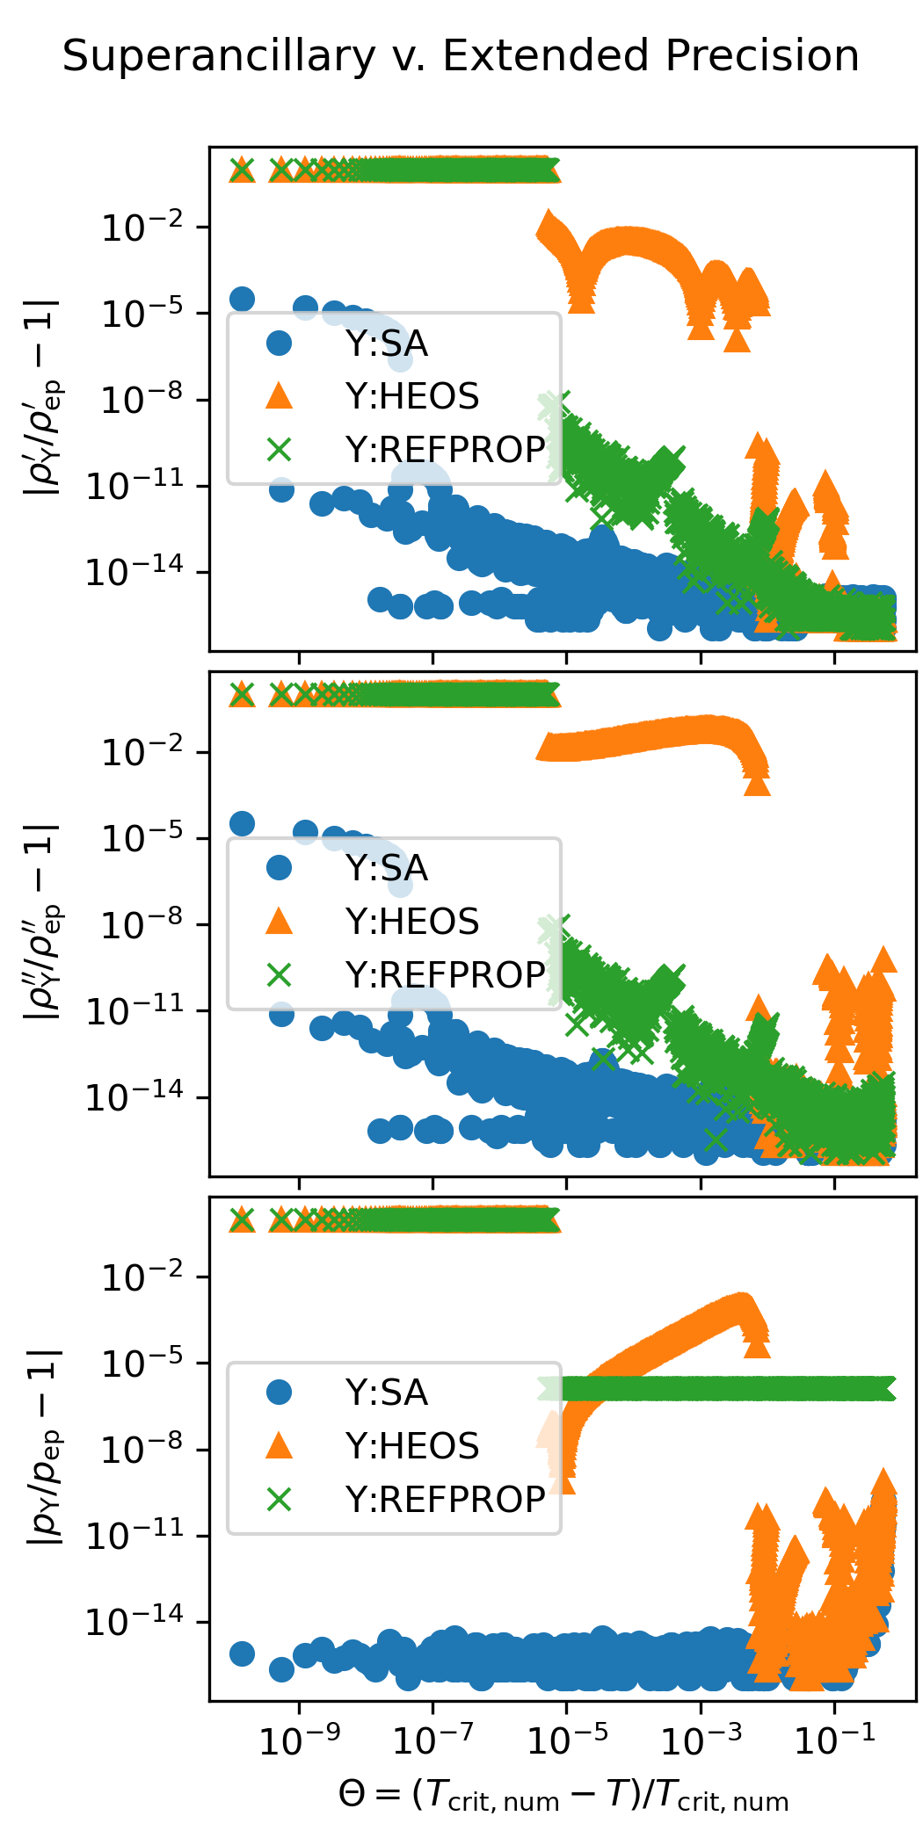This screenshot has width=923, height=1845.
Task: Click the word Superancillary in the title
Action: click(x=219, y=57)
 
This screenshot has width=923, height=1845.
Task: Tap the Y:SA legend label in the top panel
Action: click(x=386, y=344)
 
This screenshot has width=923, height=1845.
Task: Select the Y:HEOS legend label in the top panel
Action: click(x=411, y=396)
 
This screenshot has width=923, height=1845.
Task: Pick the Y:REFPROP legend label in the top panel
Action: click(x=445, y=450)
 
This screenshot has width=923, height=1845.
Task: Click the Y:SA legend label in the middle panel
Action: click(x=386, y=868)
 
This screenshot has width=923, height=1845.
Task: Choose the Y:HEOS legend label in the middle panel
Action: click(x=411, y=922)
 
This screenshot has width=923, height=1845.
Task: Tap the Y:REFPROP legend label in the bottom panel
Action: click(x=445, y=1499)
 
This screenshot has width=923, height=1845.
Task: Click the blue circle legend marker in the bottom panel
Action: click(x=279, y=1393)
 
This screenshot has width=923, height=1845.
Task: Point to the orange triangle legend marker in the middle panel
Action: click(x=279, y=921)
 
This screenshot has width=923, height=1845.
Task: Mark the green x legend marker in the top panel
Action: click(x=279, y=450)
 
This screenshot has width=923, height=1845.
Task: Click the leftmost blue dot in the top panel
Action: click(x=242, y=299)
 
